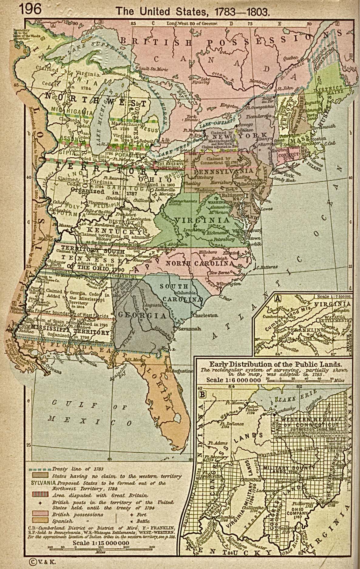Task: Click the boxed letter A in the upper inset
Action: click(277, 299)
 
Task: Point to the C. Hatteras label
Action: click(267, 267)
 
